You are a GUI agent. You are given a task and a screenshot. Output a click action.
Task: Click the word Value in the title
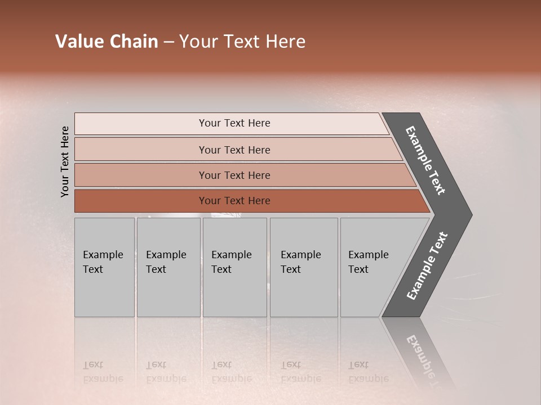click(78, 42)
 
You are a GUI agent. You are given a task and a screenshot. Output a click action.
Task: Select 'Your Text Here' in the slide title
click(242, 42)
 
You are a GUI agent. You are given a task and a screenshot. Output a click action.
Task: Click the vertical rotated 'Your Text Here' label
click(65, 161)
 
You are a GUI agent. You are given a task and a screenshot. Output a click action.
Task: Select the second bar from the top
click(234, 150)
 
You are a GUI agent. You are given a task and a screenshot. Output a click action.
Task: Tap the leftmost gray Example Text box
click(104, 267)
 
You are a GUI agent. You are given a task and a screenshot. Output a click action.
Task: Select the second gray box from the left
click(168, 267)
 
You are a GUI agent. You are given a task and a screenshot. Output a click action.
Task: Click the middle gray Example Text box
click(234, 267)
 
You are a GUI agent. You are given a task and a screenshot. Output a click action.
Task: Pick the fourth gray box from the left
click(304, 267)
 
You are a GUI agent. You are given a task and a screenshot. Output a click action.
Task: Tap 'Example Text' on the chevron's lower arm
click(427, 266)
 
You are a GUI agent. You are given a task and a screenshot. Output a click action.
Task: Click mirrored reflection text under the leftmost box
click(103, 372)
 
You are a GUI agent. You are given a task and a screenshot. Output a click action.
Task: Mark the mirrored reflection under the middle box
click(231, 372)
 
